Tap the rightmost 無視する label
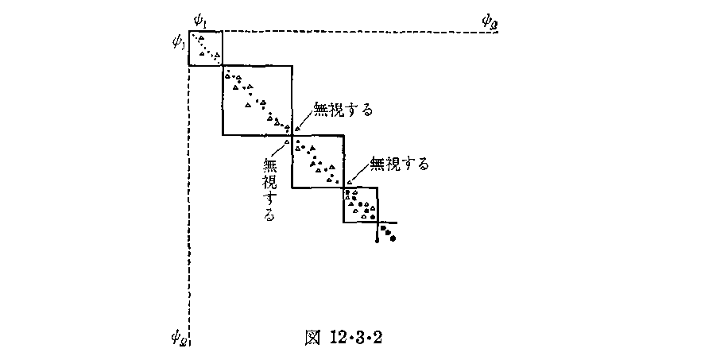point(400,165)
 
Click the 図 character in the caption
point(312,337)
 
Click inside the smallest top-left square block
point(205,47)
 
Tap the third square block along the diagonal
point(318,161)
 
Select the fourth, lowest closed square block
point(360,204)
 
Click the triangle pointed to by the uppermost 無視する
point(297,129)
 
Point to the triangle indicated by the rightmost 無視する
point(349,182)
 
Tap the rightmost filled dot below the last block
point(392,238)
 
